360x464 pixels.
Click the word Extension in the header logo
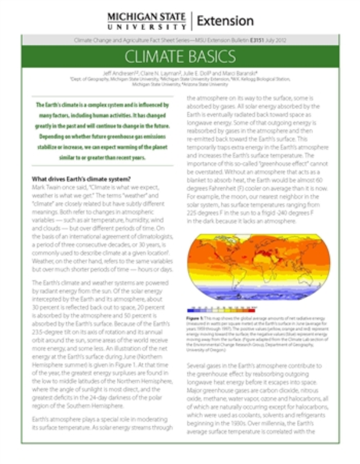pos(225,21)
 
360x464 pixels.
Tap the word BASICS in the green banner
pos(211,58)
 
